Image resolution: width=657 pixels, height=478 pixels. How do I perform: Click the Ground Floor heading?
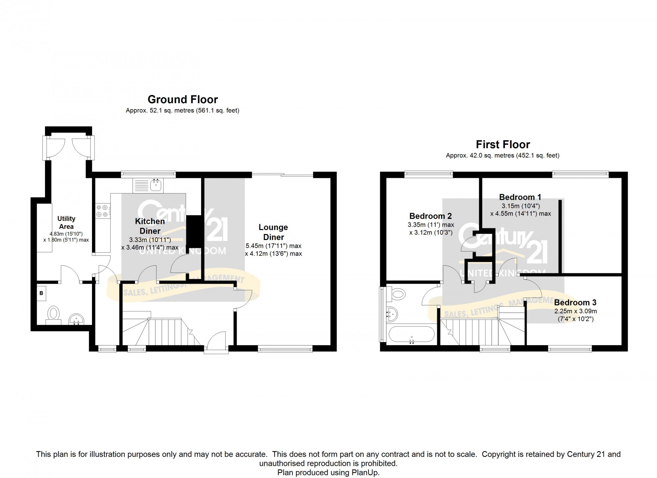click(x=183, y=99)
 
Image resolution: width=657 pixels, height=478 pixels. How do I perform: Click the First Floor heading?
click(x=503, y=144)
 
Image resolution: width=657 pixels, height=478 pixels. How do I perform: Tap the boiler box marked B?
click(x=41, y=293)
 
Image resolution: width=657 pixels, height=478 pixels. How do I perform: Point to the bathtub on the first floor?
click(x=412, y=335)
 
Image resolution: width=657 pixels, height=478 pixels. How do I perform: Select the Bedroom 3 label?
click(x=575, y=302)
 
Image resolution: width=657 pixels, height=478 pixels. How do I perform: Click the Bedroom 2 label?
click(x=430, y=216)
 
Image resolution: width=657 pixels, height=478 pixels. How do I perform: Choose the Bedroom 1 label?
click(x=520, y=197)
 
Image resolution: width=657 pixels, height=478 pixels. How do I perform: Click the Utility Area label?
click(x=66, y=223)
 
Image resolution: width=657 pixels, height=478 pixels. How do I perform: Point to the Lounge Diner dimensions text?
click(x=273, y=250)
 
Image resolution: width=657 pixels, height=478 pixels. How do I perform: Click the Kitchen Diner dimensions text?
click(x=150, y=244)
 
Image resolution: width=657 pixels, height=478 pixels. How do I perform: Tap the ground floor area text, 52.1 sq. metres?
click(x=183, y=110)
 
